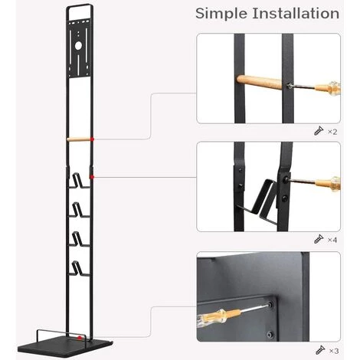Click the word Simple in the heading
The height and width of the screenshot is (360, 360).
coord(221,14)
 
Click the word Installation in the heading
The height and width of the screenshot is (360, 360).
coord(296,13)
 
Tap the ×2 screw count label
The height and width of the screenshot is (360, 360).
coord(332,132)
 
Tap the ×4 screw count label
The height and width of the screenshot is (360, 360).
coord(332,240)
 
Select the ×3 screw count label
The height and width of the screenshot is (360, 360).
coord(334,351)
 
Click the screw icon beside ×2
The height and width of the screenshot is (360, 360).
coord(319,131)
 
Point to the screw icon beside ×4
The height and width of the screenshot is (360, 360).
coord(319,239)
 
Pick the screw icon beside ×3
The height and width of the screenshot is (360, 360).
coord(320,350)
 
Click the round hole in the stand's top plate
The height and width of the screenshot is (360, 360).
coord(78,46)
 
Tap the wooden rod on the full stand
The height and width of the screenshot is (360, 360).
coord(79,139)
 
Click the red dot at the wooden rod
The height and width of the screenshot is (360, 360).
coord(92,139)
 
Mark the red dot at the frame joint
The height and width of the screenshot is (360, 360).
coord(92,177)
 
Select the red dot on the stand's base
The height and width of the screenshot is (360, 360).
coord(80,338)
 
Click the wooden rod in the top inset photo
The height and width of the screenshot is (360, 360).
coord(259,82)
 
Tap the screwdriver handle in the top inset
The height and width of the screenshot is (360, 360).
coord(328,88)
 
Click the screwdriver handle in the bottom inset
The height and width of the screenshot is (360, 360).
coord(218,317)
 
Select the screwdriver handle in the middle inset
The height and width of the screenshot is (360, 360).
coord(328,184)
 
